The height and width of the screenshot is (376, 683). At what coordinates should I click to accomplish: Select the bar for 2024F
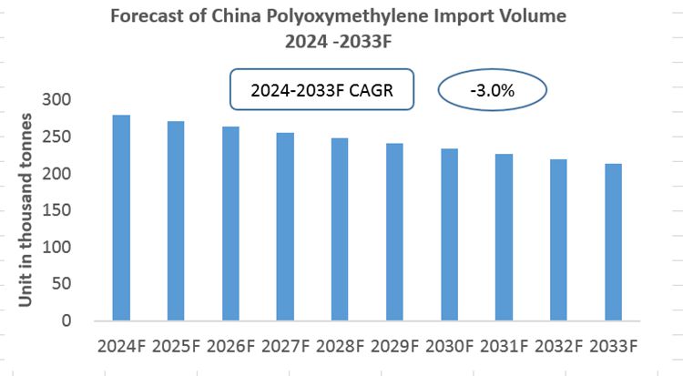coord(121,218)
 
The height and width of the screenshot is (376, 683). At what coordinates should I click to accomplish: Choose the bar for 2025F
coord(176,221)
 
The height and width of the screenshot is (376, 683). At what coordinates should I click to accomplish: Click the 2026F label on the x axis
coord(230,346)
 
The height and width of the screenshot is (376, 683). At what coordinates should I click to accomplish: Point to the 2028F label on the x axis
coord(340,346)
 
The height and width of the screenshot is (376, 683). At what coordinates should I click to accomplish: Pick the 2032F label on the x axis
coord(557,346)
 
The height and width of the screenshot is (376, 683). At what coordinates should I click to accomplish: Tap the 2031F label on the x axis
coord(503,346)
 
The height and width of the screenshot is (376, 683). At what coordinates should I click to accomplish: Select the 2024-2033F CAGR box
coord(323,91)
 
